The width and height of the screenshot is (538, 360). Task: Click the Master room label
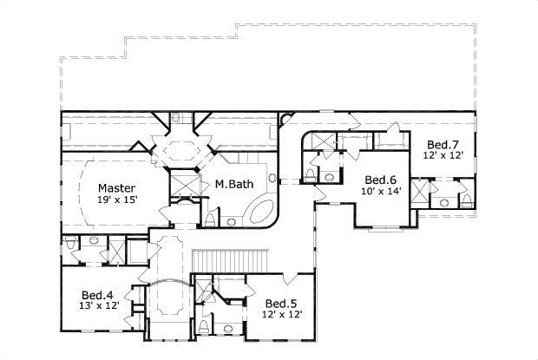click(x=115, y=187)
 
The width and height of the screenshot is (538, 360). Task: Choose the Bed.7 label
click(x=443, y=144)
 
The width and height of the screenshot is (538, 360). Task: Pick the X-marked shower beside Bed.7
click(x=421, y=191)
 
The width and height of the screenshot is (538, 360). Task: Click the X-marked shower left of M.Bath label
click(x=183, y=184)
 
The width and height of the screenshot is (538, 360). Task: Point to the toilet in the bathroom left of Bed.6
click(x=311, y=176)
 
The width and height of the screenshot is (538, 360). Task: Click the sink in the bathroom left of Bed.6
click(x=329, y=177)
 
